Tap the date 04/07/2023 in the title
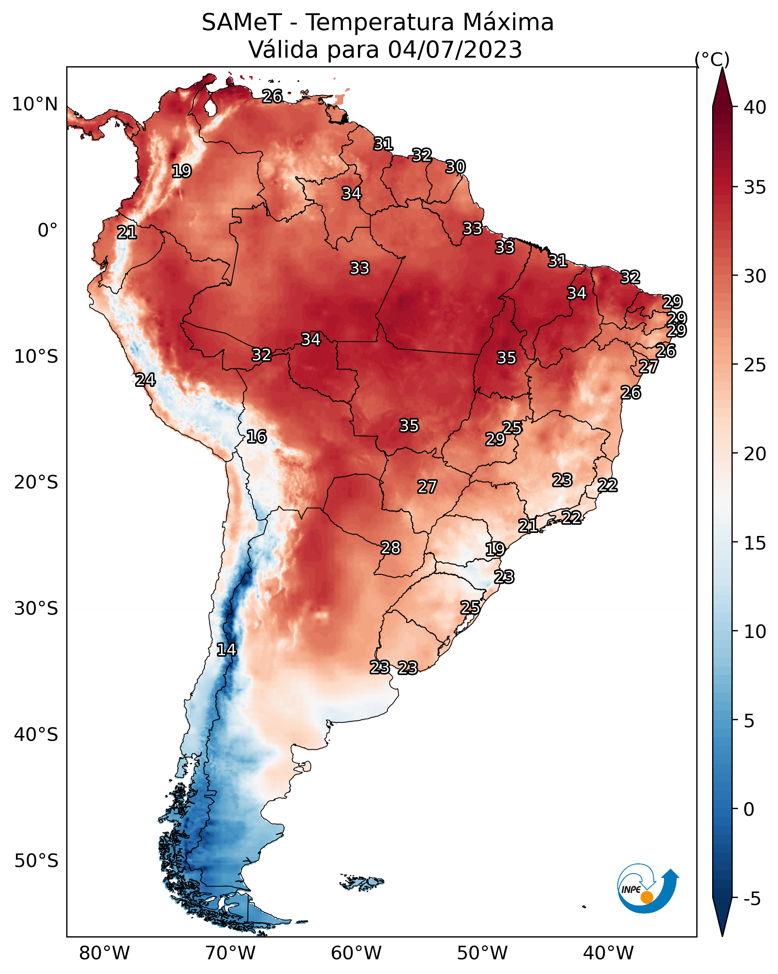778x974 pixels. (x=455, y=50)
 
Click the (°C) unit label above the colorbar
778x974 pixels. (x=712, y=59)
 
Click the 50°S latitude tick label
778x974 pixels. (x=36, y=861)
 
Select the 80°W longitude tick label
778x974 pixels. (x=104, y=953)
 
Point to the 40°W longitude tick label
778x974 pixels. (x=608, y=953)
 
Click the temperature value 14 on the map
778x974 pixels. (x=226, y=650)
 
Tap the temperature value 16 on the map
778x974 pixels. (x=256, y=437)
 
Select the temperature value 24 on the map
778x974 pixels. (x=145, y=380)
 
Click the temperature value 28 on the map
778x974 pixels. (x=391, y=548)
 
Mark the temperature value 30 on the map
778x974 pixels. (x=455, y=167)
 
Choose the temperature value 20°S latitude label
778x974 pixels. (x=36, y=482)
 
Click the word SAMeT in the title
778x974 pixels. (x=242, y=23)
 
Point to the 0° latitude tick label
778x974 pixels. (x=48, y=231)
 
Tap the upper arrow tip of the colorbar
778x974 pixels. (x=722, y=68)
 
